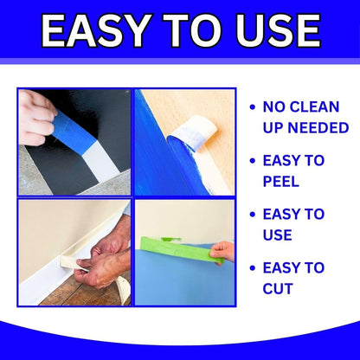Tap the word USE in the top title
tap(271, 30)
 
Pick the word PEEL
tap(280, 182)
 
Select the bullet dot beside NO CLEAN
tap(252, 107)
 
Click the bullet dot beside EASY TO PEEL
tap(252, 161)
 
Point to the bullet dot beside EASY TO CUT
tap(252, 268)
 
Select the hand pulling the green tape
tap(222, 252)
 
